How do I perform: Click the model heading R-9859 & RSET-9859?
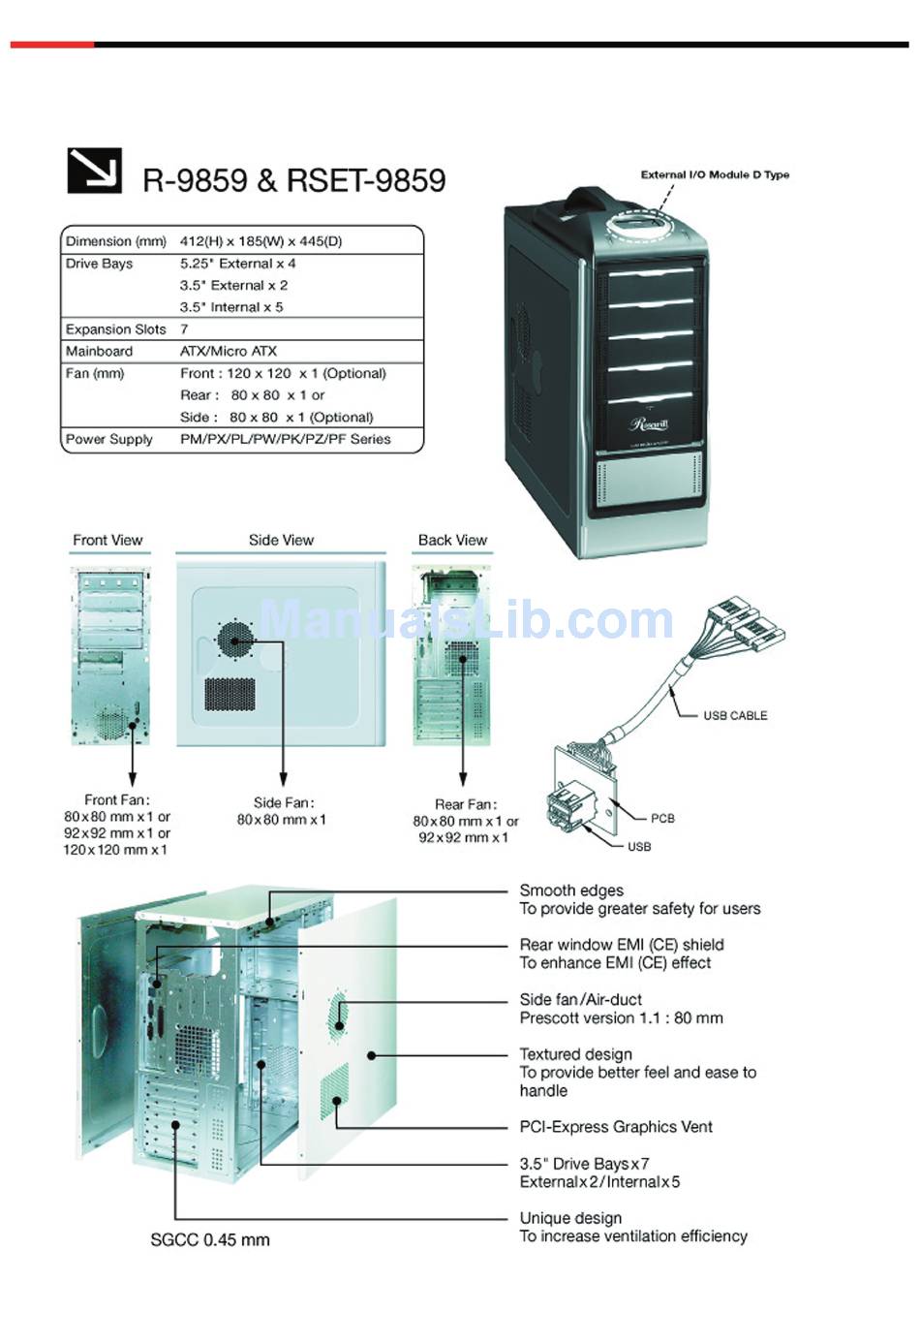[293, 180]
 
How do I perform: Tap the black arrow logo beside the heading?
[94, 171]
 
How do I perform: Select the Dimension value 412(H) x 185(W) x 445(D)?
[261, 241]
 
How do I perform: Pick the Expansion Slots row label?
[116, 329]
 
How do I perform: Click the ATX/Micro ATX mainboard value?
[229, 351]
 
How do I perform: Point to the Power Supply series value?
[286, 439]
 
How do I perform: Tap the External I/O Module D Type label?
[715, 174]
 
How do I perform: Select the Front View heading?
[107, 540]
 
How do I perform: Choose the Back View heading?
[453, 540]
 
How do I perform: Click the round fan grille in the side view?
[234, 640]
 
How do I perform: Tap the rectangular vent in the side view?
[230, 694]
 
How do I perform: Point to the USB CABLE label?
[735, 716]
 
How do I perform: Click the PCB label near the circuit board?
[662, 819]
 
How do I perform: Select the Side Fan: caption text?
[284, 802]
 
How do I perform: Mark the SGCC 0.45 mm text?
[210, 1239]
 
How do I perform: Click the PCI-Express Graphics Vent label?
[616, 1127]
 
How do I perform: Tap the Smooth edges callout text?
[571, 891]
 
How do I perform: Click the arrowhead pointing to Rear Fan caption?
[463, 779]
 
